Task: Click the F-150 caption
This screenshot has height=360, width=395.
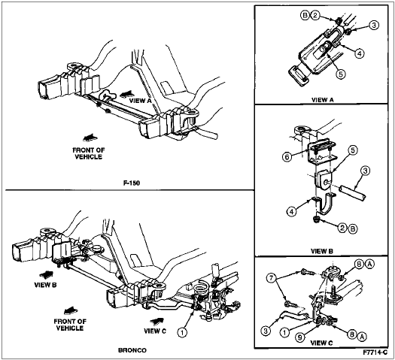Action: click(132, 183)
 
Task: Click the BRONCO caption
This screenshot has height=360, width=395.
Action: click(132, 350)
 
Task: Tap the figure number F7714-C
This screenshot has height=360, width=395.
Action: click(375, 352)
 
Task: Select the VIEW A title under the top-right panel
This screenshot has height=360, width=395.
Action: click(323, 100)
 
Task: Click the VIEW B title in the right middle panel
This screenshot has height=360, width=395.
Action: click(322, 251)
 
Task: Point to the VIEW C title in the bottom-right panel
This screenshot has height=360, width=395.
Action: click(321, 343)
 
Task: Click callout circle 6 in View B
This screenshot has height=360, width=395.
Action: click(287, 157)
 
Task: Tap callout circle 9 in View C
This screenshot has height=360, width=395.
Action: click(299, 337)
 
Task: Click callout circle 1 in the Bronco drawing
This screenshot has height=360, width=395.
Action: click(182, 333)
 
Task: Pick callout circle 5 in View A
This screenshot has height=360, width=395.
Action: click(340, 74)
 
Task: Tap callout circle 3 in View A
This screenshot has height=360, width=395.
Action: click(374, 25)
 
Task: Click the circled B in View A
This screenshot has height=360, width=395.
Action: click(305, 16)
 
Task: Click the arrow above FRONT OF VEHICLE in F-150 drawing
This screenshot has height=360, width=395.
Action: click(90, 138)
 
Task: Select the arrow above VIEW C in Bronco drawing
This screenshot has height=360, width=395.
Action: click(156, 321)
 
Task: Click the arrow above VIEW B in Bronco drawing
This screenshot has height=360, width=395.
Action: click(47, 274)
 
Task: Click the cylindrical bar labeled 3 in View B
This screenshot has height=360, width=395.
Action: click(353, 193)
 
